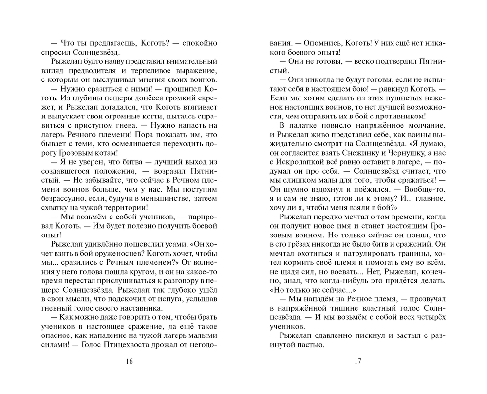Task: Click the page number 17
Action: click(x=357, y=361)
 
